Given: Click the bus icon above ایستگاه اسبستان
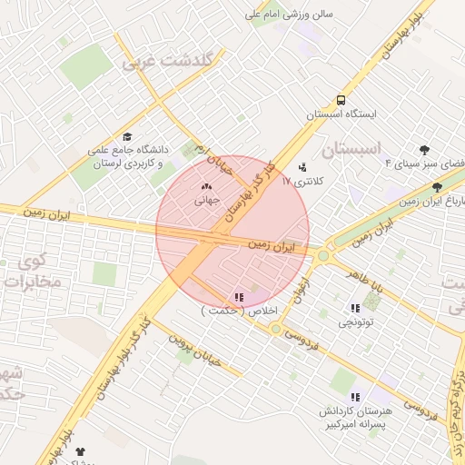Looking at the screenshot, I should (x=341, y=100).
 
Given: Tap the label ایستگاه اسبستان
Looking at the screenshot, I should (x=340, y=115).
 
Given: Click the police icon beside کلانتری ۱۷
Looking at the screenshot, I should (x=302, y=167).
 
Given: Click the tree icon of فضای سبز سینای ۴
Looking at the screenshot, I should (x=424, y=150).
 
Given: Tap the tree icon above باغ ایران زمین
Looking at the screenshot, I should (x=437, y=186).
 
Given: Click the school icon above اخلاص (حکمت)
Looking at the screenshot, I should (x=239, y=296).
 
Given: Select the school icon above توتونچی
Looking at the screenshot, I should (x=354, y=308).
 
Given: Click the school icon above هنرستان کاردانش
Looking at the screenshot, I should (x=355, y=396).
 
